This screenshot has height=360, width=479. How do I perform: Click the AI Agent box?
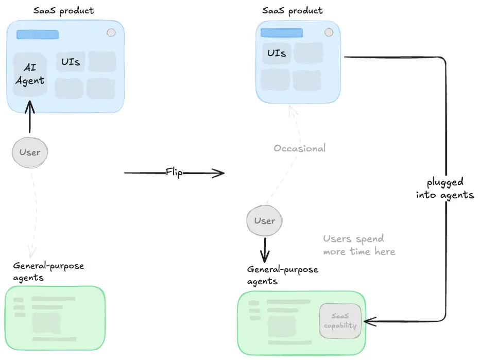[30, 75]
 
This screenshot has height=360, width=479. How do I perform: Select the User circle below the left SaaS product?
[30, 152]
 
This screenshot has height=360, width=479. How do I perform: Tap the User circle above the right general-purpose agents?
[265, 221]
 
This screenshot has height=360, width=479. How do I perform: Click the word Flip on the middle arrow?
[174, 173]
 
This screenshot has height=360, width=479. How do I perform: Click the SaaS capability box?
[340, 321]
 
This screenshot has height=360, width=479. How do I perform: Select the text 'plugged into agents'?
[445, 188]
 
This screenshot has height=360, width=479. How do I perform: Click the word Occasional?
[299, 148]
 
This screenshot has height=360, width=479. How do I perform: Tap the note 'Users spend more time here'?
[358, 245]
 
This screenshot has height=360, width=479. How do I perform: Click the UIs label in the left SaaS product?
[71, 62]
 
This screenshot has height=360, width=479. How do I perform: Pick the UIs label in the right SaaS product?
[277, 53]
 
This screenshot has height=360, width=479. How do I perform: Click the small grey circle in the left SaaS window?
[111, 33]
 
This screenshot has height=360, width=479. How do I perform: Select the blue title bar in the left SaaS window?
[38, 35]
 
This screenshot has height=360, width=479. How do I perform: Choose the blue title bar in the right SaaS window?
[280, 33]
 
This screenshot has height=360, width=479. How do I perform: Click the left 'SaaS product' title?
[63, 10]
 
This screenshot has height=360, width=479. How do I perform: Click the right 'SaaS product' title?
[293, 10]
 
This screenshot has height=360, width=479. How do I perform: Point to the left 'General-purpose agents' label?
[48, 272]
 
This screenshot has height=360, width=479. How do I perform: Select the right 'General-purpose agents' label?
[282, 275]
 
